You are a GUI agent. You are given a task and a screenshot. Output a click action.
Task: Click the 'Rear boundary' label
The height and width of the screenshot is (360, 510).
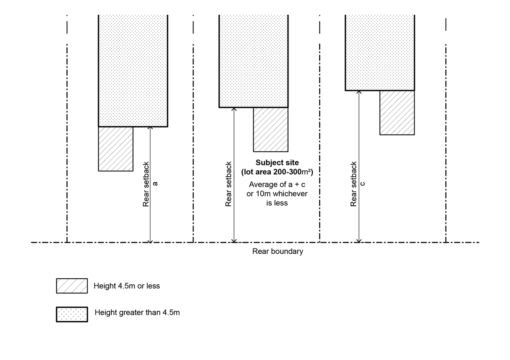(278, 251)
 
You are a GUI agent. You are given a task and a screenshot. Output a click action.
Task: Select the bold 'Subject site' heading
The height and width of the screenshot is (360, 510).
(277, 163)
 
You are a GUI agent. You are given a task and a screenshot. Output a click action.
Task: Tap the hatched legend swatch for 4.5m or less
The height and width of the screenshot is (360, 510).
(72, 286)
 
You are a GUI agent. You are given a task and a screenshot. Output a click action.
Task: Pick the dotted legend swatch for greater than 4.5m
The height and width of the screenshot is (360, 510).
(72, 314)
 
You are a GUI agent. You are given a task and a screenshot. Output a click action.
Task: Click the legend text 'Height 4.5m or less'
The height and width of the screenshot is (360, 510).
(127, 286)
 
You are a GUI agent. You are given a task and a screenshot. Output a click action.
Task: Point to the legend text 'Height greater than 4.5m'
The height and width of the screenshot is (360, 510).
(137, 312)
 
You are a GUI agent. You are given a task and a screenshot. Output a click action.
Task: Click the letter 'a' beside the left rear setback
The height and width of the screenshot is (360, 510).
(155, 183)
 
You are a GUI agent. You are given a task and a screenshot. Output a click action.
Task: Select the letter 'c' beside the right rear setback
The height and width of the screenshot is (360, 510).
(363, 183)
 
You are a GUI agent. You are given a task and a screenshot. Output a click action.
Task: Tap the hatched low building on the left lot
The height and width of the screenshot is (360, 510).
(116, 149)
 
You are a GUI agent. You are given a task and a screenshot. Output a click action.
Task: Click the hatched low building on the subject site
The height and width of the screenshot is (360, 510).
(270, 129)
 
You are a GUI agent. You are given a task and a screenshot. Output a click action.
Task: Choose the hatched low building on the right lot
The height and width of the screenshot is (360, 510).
(397, 112)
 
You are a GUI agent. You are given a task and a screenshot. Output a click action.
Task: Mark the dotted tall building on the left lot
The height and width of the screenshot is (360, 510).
(133, 69)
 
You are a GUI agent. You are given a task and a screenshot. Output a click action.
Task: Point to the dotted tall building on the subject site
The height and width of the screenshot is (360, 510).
(253, 61)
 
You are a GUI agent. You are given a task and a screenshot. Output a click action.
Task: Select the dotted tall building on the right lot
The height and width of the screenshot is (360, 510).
(380, 52)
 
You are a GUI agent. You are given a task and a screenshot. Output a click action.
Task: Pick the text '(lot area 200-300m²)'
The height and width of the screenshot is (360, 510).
(277, 172)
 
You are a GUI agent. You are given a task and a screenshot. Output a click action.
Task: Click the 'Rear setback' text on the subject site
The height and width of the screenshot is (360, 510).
(229, 183)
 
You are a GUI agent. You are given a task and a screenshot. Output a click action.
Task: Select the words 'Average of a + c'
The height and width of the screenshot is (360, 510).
(277, 185)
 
